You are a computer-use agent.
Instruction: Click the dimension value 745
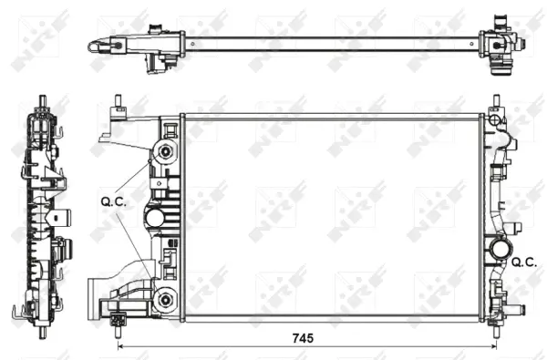[x=304, y=337]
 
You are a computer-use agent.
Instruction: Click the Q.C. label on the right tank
[x=523, y=262]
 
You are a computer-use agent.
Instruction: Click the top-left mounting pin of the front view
[x=119, y=103]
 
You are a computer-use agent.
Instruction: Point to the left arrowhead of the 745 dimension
[x=121, y=346]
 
